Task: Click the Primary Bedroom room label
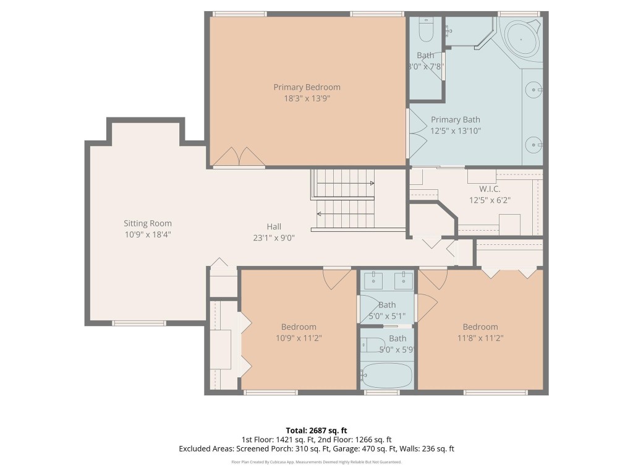pyautogui.click(x=307, y=87)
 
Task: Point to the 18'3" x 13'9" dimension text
pyautogui.click(x=307, y=98)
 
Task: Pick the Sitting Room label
pyautogui.click(x=148, y=223)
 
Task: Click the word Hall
pyautogui.click(x=274, y=226)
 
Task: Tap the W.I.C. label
pyautogui.click(x=490, y=189)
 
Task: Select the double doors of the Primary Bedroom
pyautogui.click(x=239, y=157)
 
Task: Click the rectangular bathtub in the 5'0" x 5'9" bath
pyautogui.click(x=387, y=375)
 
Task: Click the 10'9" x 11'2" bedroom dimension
pyautogui.click(x=299, y=338)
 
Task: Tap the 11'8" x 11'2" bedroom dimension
pyautogui.click(x=480, y=338)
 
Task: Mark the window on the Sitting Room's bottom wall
pyautogui.click(x=139, y=322)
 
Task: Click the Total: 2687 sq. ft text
pyautogui.click(x=316, y=430)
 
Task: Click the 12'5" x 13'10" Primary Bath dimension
pyautogui.click(x=456, y=131)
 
